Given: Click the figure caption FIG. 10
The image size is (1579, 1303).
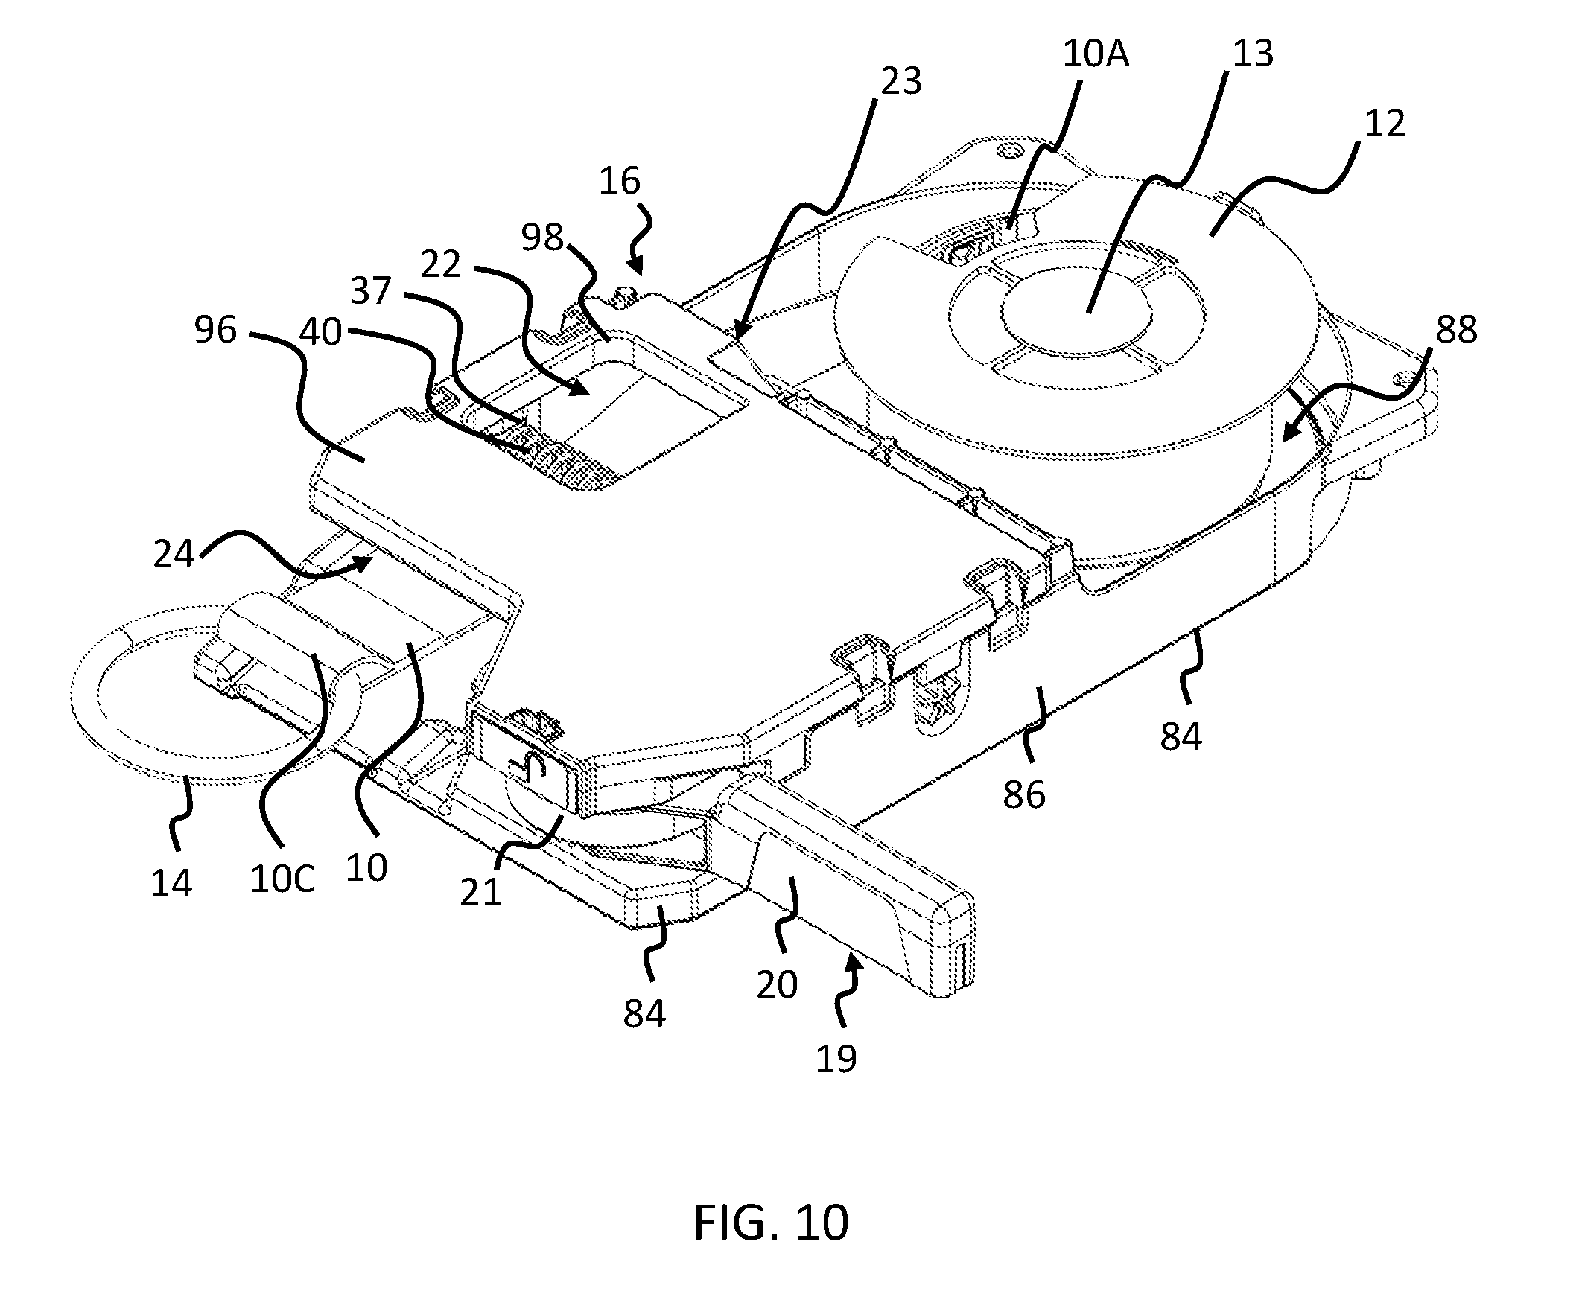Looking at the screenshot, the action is tap(770, 1222).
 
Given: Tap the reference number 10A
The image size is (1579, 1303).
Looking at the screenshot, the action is tap(1096, 55).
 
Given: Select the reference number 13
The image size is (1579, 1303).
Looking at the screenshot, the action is tap(1252, 54).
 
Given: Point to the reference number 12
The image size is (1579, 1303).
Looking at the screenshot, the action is tap(1384, 124).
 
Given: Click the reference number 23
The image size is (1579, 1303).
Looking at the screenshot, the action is tap(900, 81).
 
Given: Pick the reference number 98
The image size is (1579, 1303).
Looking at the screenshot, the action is tap(542, 238).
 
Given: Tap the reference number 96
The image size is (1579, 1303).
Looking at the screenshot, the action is tap(215, 330).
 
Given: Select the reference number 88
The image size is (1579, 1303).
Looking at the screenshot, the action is tap(1456, 330).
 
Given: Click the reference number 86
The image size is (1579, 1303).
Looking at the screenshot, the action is tap(1024, 795).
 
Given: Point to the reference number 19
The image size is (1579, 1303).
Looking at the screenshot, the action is tap(836, 1059).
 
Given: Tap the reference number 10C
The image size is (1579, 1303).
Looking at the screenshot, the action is tap(282, 879).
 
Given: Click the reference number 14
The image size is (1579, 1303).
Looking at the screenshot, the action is tap(171, 883).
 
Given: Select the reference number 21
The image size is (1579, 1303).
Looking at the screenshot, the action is tap(480, 893).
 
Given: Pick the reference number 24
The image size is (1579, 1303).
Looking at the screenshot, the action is tap(174, 555).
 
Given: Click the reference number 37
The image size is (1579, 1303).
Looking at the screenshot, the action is tap(371, 290).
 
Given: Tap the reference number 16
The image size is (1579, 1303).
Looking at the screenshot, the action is tap(620, 182).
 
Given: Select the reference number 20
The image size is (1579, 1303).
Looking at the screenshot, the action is tap(776, 984).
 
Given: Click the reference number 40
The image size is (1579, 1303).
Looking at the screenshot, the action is tap(320, 331).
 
